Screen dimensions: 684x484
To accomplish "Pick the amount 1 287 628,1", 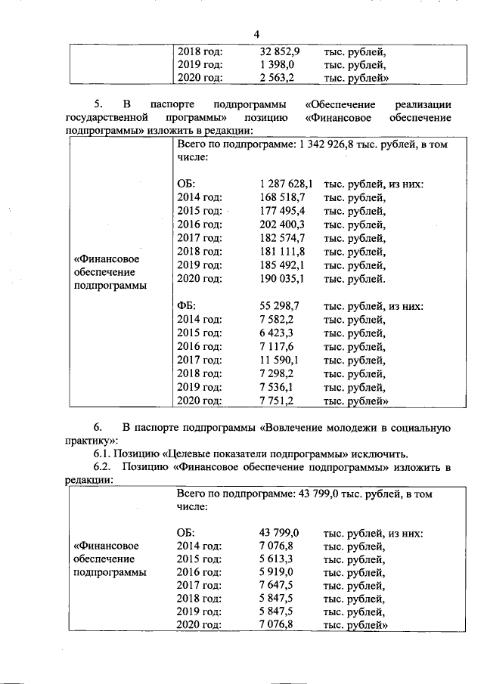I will click(x=285, y=184).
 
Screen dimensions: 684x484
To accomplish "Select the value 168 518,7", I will click(x=281, y=197).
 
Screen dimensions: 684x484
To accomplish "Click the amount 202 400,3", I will click(x=281, y=224).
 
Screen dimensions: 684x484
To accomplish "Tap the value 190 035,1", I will click(x=281, y=279).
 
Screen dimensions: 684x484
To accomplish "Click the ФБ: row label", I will click(x=187, y=306).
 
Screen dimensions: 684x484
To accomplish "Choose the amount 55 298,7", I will click(x=280, y=306).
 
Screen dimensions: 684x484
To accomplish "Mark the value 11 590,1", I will click(x=280, y=361).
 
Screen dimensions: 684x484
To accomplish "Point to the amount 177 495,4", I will click(x=281, y=211).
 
